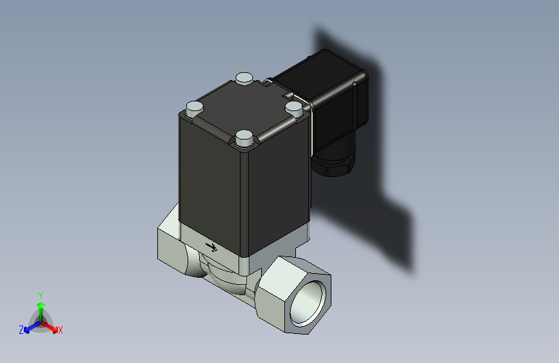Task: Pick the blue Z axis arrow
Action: [x=30, y=327]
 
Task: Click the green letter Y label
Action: [x=40, y=295]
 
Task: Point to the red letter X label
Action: [x=61, y=330]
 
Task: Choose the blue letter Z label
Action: [x=21, y=329]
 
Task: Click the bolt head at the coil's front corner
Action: [x=244, y=138]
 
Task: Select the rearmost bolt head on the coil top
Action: [x=244, y=79]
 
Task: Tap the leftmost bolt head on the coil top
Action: [x=194, y=108]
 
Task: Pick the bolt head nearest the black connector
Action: [x=293, y=106]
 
